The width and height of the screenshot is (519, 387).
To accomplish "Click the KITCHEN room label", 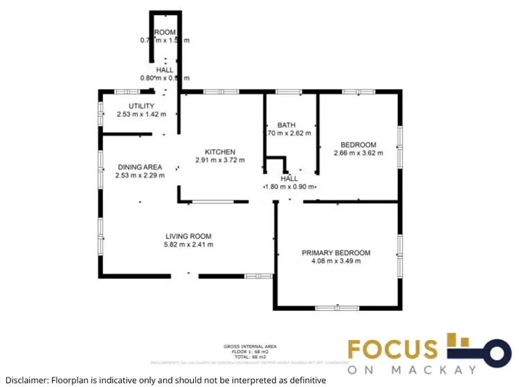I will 219,152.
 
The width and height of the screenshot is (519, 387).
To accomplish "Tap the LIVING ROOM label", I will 188,236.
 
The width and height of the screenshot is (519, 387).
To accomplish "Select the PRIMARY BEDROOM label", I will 336,253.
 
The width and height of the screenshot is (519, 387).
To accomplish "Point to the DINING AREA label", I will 140,167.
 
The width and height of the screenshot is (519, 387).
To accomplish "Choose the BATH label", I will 286,125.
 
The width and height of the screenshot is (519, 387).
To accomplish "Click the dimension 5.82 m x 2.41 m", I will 188,244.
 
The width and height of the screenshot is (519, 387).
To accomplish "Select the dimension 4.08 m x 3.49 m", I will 336,261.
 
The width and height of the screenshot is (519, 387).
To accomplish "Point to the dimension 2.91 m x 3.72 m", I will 219,160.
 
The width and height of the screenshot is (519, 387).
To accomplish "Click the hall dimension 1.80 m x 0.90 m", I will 290,187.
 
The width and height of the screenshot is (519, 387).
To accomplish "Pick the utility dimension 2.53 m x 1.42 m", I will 141,114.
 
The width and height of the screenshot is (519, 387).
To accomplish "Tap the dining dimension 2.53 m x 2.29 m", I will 140,176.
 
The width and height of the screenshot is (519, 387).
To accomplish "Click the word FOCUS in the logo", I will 392,349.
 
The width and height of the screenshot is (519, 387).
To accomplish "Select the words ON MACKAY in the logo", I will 412,370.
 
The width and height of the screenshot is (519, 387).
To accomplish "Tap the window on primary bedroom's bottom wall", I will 337,308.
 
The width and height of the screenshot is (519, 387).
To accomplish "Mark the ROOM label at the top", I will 165,32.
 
